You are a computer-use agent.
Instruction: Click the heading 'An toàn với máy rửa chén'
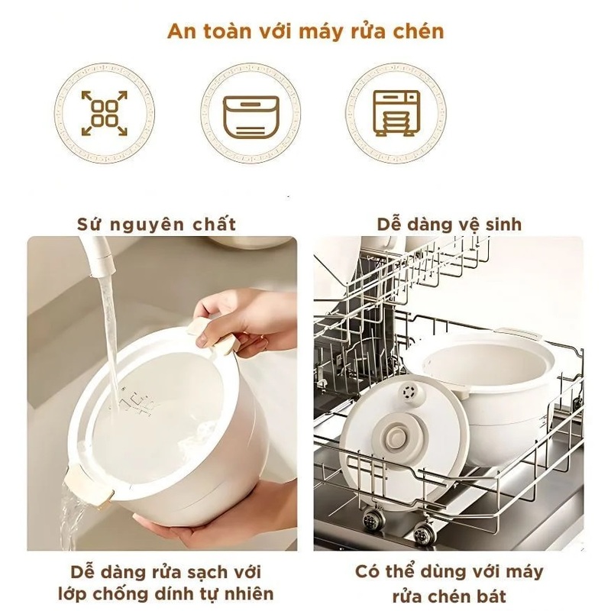pos(305,31)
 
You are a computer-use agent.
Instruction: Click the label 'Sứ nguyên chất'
pos(157,225)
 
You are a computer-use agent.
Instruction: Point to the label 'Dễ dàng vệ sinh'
pos(449,225)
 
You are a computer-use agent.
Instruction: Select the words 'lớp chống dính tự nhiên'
pos(166,594)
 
